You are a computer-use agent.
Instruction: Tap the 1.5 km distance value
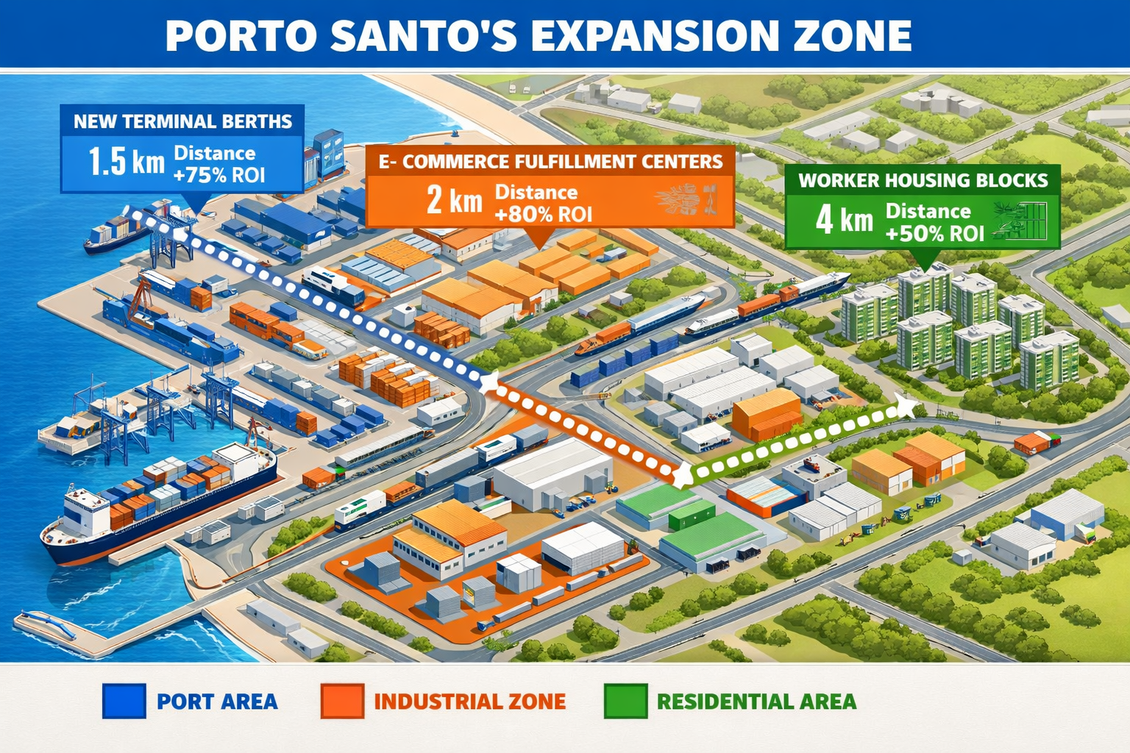[126, 162]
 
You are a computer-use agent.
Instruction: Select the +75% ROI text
[218, 175]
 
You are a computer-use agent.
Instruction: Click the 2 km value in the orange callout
[454, 199]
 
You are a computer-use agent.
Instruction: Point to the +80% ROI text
[543, 214]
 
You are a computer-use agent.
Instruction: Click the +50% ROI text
[934, 234]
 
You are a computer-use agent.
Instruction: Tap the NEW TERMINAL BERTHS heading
[182, 121]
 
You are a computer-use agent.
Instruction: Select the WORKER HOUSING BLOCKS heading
[923, 180]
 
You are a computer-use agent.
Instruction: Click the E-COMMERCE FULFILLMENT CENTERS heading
[550, 162]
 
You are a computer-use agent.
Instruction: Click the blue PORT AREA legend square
[124, 701]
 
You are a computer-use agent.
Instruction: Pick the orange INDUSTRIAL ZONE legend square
[342, 701]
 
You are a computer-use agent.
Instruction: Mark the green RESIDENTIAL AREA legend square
[625, 701]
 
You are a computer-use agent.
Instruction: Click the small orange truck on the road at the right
[1034, 442]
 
